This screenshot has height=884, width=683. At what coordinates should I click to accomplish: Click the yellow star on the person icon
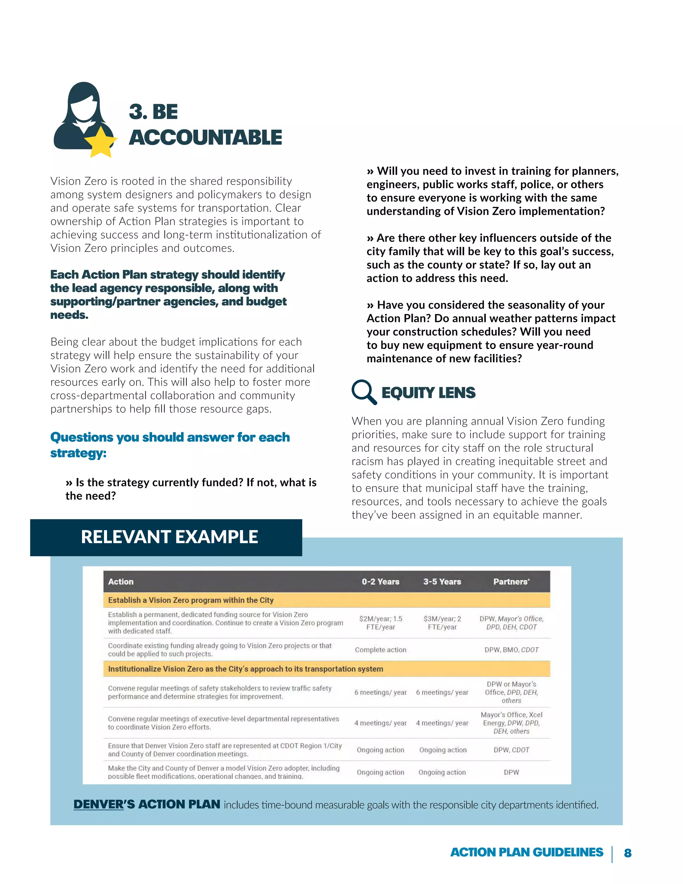(101, 142)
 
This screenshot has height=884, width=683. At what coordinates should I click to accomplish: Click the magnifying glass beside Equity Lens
(364, 391)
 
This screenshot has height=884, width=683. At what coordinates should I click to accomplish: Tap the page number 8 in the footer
(628, 853)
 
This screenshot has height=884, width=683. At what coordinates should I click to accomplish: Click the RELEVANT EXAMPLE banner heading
(169, 537)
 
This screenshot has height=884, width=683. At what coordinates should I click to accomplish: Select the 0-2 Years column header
(380, 582)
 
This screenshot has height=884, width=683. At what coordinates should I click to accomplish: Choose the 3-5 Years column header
(442, 582)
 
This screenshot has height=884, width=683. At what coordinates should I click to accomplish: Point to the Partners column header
(511, 582)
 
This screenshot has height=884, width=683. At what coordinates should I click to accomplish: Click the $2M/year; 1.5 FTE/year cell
(380, 623)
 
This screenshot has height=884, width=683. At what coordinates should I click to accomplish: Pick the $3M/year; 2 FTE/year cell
(442, 623)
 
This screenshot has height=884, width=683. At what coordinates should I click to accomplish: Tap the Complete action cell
(380, 649)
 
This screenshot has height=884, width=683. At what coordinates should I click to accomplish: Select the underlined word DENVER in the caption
(99, 804)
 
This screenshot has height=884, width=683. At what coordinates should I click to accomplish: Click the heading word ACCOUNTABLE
(205, 138)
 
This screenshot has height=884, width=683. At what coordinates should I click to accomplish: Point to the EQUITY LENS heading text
(429, 393)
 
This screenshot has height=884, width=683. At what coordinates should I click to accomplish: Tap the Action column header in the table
(121, 582)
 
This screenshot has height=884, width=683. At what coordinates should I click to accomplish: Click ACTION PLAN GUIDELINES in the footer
(526, 852)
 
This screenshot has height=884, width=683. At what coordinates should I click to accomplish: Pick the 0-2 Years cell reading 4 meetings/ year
(380, 723)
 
